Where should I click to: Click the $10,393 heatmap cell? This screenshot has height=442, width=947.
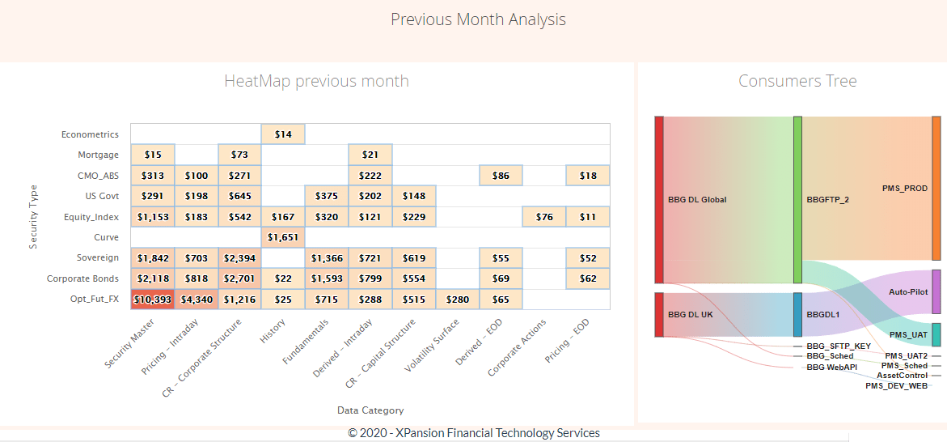152,300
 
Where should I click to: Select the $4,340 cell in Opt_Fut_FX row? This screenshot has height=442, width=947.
196,300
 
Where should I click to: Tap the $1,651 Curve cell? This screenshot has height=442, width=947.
283,237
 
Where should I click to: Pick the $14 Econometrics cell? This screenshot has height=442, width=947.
283,134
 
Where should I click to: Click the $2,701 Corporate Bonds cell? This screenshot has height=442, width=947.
239,278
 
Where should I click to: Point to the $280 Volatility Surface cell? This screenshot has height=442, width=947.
458,300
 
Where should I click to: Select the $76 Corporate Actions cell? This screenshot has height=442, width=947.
544,217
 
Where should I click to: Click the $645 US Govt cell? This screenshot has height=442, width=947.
239,196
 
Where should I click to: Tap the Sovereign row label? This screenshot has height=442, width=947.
97,258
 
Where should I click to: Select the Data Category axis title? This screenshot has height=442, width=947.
370,410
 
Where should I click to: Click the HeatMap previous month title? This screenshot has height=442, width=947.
316,81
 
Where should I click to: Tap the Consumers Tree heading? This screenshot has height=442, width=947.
797,81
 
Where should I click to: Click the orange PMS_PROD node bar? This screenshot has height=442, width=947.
936,188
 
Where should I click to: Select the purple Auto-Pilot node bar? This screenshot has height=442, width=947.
936,291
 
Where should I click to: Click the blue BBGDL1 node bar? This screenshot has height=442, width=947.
798,314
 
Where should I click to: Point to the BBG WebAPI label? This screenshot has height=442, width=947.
831,368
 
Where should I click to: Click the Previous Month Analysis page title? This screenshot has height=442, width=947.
478,19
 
